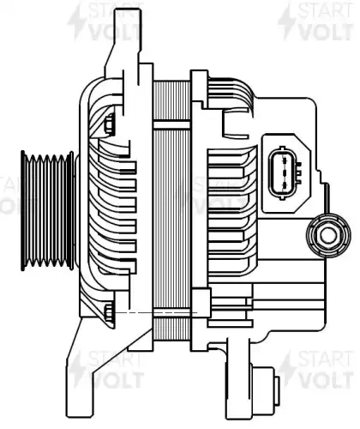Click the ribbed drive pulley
pyautogui.click(x=47, y=211)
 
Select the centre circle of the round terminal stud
pyautogui.click(x=328, y=235)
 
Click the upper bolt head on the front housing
pyautogui.click(x=109, y=124)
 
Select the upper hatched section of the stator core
pyautogui.click(x=171, y=100)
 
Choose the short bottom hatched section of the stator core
pyautogui.click(x=171, y=329)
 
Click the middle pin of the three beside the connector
pyautogui.click(x=299, y=172)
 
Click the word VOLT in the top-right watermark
pyautogui.click(x=326, y=32)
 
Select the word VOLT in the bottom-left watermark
pyautogui.click(x=117, y=379)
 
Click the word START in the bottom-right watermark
pyautogui.click(x=326, y=360)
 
